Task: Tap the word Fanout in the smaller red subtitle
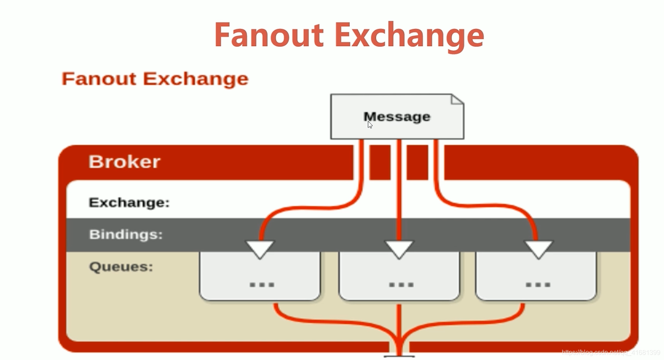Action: pos(99,79)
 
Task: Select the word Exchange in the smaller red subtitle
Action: pos(196,79)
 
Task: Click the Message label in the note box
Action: pos(397,117)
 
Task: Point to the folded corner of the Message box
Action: pos(457,99)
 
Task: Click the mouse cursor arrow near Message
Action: pos(370,125)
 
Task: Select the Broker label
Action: pos(124,162)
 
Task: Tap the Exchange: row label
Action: pos(129,202)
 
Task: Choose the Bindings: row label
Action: pos(126,234)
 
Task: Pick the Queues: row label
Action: pos(121,267)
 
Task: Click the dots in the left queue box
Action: pos(262,285)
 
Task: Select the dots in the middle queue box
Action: pos(401,285)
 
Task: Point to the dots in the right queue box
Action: pos(538,285)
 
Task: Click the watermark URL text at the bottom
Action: pos(610,353)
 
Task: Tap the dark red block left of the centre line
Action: pos(380,162)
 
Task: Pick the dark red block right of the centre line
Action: pos(417,162)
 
